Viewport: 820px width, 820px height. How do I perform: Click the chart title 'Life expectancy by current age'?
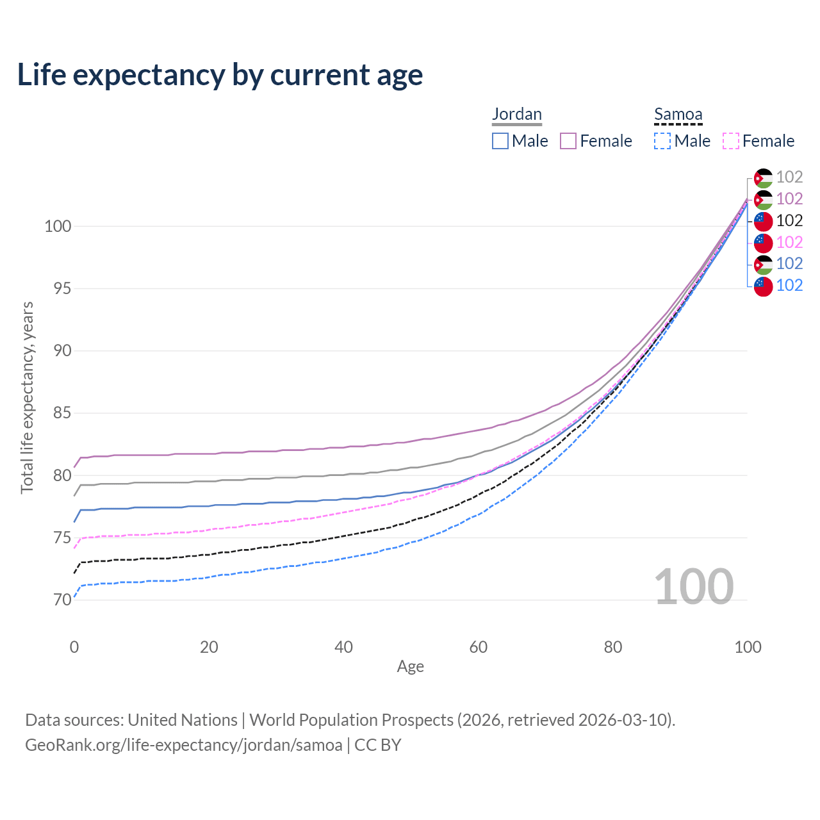(220, 75)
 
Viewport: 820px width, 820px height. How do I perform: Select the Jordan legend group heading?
(517, 114)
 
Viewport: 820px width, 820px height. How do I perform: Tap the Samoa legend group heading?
(678, 115)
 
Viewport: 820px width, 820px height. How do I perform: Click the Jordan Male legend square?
(500, 141)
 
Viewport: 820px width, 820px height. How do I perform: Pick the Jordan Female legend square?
(568, 141)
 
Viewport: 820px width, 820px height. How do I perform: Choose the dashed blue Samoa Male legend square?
(662, 141)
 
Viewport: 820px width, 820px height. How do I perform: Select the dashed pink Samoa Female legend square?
(731, 141)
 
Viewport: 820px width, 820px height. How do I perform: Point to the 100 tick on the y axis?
(58, 226)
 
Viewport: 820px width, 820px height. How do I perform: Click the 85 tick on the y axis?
(61, 413)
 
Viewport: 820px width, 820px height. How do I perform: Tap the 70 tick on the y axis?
(61, 600)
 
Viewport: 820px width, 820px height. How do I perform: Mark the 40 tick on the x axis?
(343, 647)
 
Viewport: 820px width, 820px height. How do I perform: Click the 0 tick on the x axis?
(74, 647)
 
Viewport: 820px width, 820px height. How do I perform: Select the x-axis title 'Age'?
(410, 667)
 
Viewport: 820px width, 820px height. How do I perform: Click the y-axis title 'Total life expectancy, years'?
(27, 397)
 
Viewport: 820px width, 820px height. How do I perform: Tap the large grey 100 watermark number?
(694, 587)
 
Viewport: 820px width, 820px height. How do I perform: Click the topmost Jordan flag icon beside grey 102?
(763, 177)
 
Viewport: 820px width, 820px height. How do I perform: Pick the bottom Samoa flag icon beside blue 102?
(763, 286)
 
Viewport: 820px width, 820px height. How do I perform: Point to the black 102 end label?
(789, 220)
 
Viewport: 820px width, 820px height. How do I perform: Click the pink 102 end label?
(789, 242)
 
